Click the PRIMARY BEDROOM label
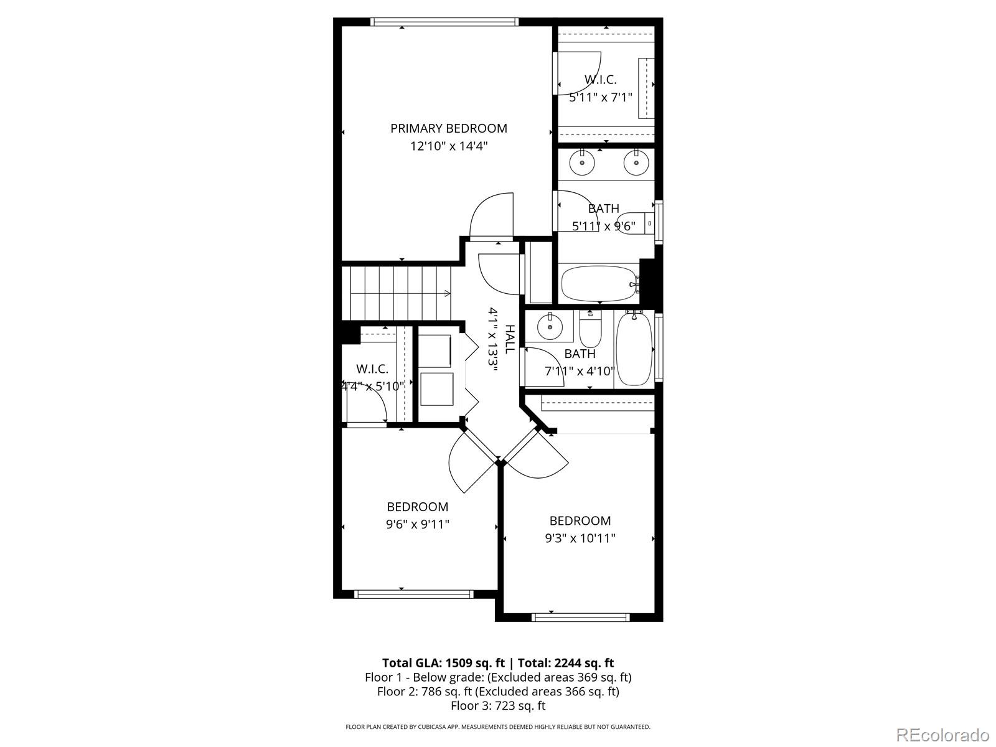[x=449, y=128]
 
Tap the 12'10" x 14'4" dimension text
[x=449, y=146]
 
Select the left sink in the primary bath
[x=581, y=162]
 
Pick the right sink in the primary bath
[x=636, y=162]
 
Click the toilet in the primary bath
[x=636, y=223]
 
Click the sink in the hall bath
[x=550, y=326]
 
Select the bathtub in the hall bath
[x=634, y=347]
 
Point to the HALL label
[x=510, y=339]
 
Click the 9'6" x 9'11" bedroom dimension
[x=418, y=524]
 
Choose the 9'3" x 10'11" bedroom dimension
[x=580, y=538]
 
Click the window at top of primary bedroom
[x=444, y=22]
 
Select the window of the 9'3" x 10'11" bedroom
[x=580, y=617]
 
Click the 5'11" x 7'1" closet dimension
[x=600, y=97]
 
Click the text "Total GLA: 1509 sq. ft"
[x=443, y=663]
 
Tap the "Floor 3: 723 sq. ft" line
[x=498, y=706]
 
